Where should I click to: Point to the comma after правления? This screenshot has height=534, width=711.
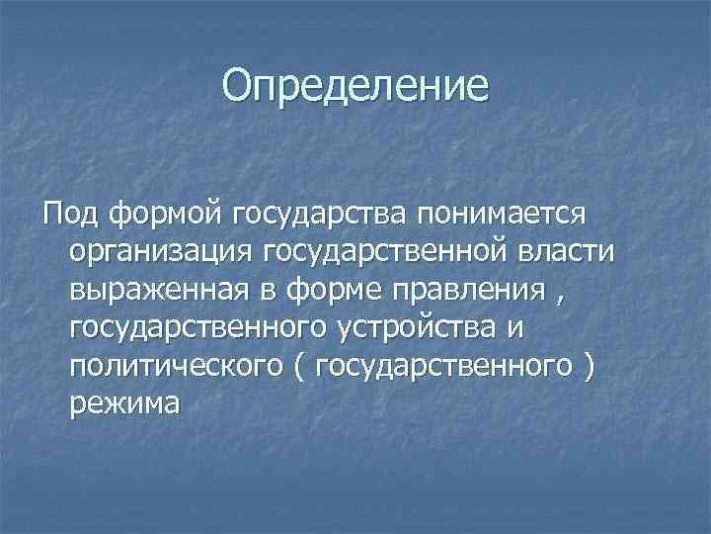(566, 296)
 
